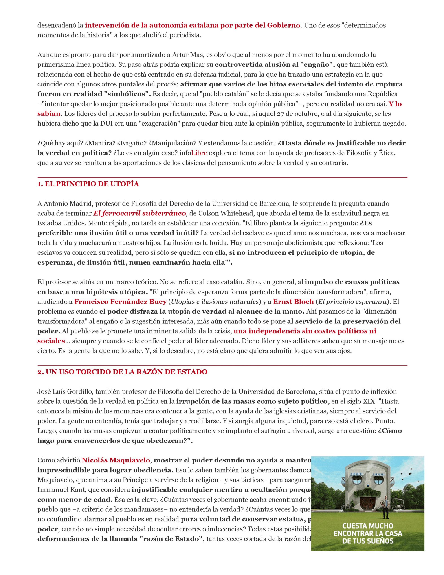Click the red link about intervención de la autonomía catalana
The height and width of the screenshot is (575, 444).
pyautogui.click(x=192, y=26)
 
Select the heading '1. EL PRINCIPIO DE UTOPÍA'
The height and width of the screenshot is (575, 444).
pyautogui.click(x=88, y=184)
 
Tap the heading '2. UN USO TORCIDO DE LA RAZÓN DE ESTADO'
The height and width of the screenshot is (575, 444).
pyautogui.click(x=122, y=372)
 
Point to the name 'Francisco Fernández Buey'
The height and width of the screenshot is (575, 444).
pyautogui.click(x=120, y=302)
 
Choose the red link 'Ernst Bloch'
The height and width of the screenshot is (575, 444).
pyautogui.click(x=293, y=302)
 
